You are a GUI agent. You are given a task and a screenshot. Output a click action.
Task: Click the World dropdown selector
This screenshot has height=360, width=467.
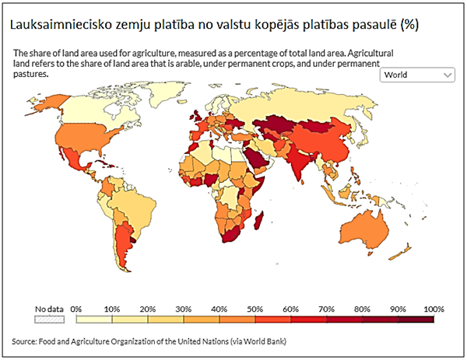pyautogui.click(x=416, y=75)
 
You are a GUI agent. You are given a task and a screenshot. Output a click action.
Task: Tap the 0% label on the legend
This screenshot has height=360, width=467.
pyautogui.click(x=76, y=309)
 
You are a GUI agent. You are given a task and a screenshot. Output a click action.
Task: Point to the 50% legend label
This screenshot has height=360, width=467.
pyautogui.click(x=256, y=309)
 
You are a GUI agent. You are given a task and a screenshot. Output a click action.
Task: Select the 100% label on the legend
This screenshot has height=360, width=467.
pyautogui.click(x=433, y=309)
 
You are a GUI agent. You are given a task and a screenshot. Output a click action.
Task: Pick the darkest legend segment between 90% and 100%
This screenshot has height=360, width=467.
pyautogui.click(x=416, y=318)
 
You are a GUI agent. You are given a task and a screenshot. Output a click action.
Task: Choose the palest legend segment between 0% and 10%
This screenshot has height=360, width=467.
pyautogui.click(x=94, y=318)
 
